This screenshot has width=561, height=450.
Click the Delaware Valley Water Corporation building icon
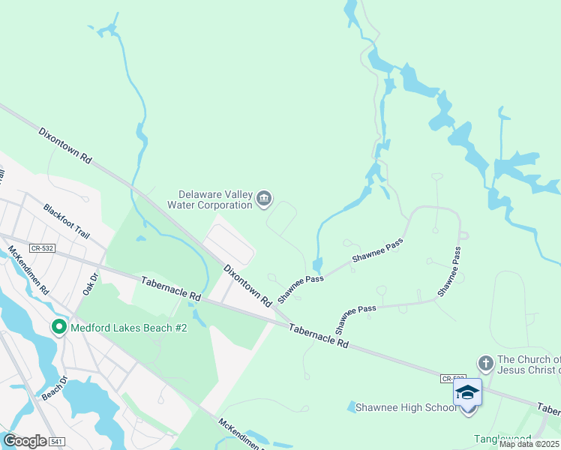click(x=263, y=199)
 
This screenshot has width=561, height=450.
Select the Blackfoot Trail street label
click(x=67, y=221)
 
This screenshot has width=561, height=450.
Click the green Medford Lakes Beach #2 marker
click(x=58, y=328)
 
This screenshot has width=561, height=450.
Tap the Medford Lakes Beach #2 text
click(x=127, y=328)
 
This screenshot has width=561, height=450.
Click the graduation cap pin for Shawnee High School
click(x=467, y=394)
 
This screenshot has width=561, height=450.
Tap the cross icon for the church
click(x=484, y=364)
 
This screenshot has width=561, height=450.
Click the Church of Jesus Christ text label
click(x=528, y=364)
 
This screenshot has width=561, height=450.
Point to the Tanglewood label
click(x=501, y=438)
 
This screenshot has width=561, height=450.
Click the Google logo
click(x=24, y=441)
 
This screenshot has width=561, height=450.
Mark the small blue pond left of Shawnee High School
click(x=352, y=406)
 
